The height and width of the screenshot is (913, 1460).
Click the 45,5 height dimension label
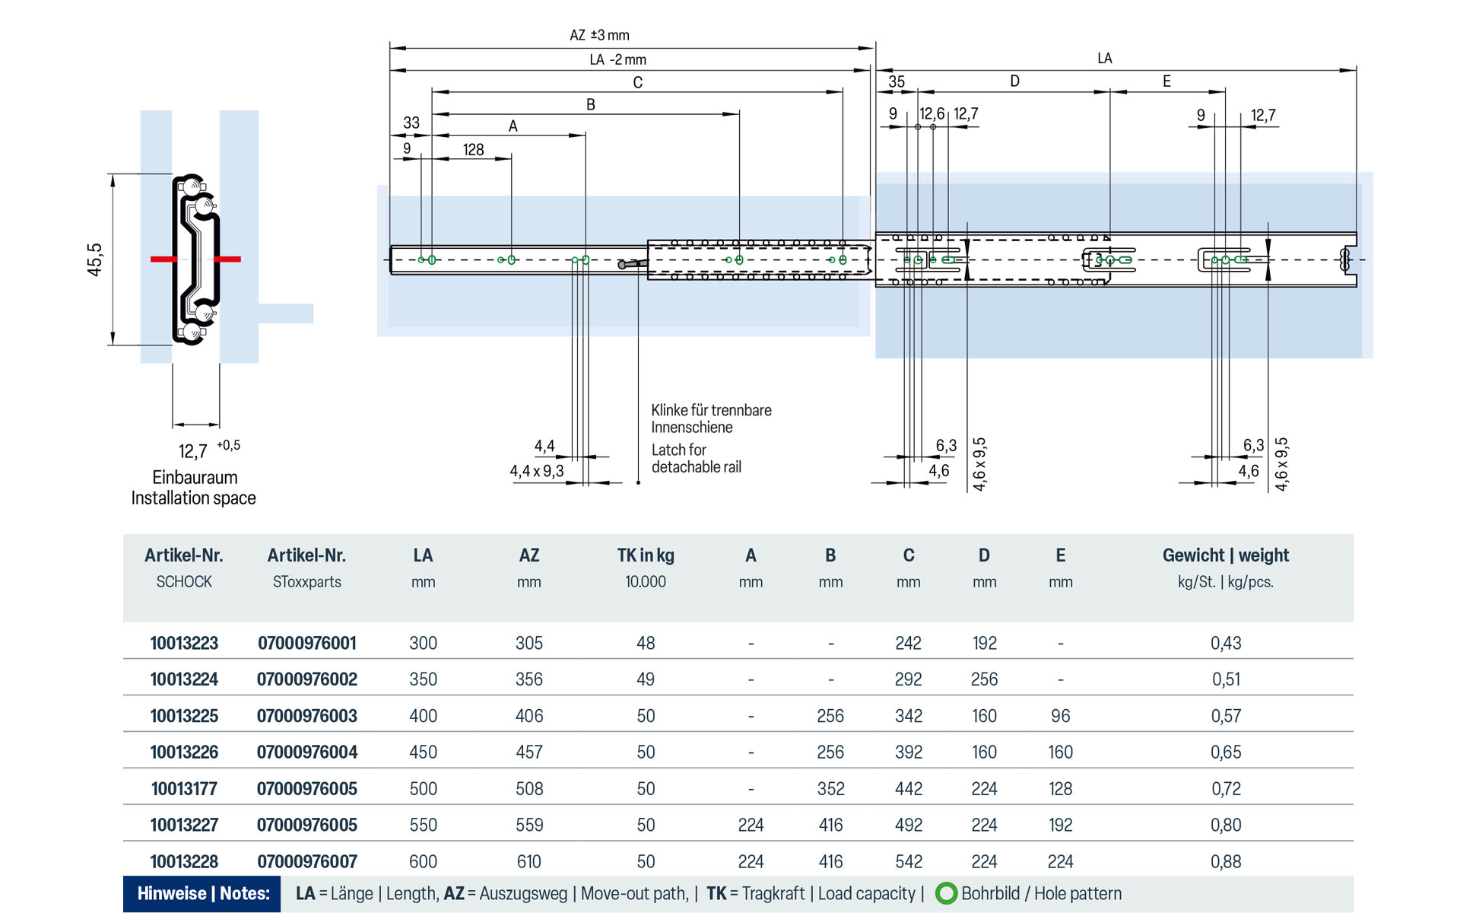[94, 259]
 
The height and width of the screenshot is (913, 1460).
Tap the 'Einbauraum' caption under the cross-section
[195, 477]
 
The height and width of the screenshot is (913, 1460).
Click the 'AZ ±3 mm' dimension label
[599, 35]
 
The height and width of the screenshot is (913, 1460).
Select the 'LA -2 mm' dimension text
[617, 59]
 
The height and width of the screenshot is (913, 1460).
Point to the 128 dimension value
[473, 150]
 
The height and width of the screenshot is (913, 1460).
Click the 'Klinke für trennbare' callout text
[711, 410]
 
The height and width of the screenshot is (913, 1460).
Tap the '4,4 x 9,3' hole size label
[536, 471]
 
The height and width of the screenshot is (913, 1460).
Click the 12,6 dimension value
[931, 114]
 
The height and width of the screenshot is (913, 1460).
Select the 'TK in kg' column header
[645, 555]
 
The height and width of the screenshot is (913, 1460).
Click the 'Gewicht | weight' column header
[1225, 555]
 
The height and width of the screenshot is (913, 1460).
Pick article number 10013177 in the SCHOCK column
[184, 788]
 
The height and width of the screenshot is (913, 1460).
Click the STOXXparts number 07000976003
[306, 716]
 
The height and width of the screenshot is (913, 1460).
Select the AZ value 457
[528, 752]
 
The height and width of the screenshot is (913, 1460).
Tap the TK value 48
[645, 643]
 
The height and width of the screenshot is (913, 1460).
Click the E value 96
[1060, 716]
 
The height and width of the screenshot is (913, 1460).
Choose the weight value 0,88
[1225, 861]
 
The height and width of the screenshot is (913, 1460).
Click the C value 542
[908, 861]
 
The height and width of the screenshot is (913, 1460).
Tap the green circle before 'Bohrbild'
[946, 893]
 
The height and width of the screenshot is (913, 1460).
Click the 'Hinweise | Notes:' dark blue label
[203, 893]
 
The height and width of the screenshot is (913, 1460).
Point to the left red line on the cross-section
[163, 259]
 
